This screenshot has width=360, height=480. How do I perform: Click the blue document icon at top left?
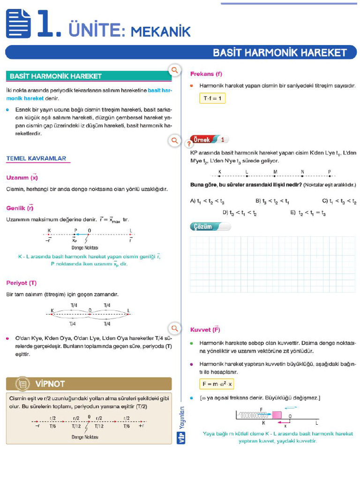pos(19,24)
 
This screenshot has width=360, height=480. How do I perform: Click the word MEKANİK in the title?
pos(161,31)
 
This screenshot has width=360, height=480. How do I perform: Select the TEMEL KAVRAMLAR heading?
pos(37,158)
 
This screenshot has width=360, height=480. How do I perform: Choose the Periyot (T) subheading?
pos(22,283)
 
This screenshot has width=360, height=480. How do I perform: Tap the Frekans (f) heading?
pos(206,74)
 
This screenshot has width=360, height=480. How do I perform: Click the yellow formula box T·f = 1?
pos(212,98)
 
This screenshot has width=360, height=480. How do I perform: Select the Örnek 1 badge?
pos(210,140)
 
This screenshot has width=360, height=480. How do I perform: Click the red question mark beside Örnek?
pos(189,144)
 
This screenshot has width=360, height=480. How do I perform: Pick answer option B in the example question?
pos(272,201)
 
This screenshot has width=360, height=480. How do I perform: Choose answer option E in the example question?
pos(307,213)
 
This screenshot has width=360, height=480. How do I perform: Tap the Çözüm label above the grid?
pos(202,227)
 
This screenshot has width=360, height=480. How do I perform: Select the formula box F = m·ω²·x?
pos(217,384)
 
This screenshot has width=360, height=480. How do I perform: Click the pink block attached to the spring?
pos(277,415)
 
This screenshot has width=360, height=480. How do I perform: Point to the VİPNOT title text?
pos(50,384)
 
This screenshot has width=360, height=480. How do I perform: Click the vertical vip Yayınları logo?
pos(181,424)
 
